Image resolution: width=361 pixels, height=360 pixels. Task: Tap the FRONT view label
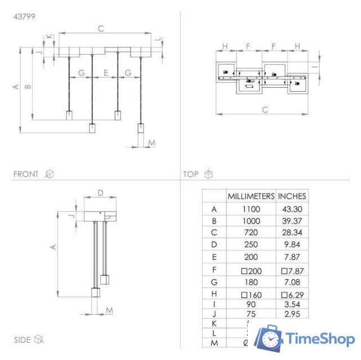tap(26, 174)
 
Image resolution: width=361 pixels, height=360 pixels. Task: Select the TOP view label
tap(191, 174)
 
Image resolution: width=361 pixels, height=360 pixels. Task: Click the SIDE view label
tap(23, 340)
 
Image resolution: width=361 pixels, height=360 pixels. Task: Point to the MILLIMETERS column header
tap(251, 196)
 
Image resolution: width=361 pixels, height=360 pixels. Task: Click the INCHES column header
tap(292, 196)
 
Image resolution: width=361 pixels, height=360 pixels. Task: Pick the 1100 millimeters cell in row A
tap(251, 209)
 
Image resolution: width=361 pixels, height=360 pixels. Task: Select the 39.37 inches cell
tap(292, 222)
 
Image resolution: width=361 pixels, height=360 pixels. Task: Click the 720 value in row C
tap(251, 233)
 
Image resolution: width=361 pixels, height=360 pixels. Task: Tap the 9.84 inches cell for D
tap(292, 245)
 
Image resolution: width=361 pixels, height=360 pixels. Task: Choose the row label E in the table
tap(214, 257)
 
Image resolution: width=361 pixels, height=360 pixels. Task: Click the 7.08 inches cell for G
tap(292, 281)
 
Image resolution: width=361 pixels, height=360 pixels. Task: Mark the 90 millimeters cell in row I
tap(251, 304)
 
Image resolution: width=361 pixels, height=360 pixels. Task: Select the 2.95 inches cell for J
tap(292, 314)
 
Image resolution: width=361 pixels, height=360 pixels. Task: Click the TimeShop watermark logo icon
tap(269, 339)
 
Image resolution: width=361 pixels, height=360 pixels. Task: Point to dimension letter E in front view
tap(105, 73)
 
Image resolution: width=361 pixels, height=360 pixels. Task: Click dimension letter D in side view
tap(100, 193)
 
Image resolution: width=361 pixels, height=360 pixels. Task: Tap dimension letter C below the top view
tap(265, 110)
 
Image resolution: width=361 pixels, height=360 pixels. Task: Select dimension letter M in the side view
tap(109, 310)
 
